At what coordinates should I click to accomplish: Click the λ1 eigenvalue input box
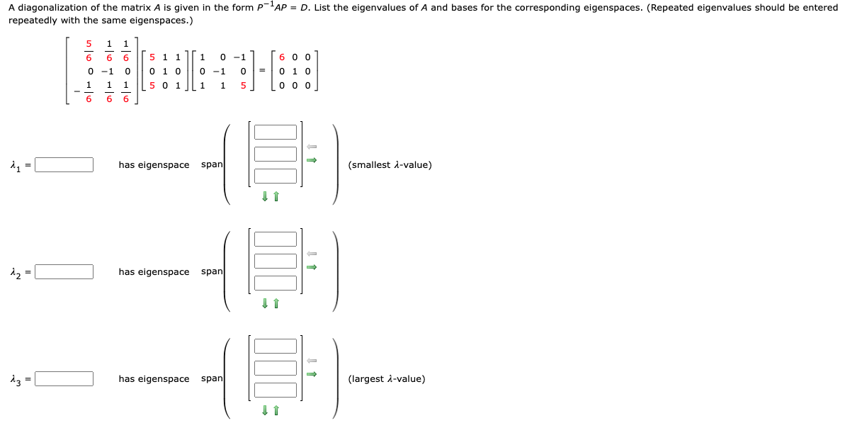pyautogui.click(x=64, y=165)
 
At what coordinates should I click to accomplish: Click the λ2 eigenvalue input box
pyautogui.click(x=64, y=272)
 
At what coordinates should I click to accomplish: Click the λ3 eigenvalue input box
pyautogui.click(x=64, y=379)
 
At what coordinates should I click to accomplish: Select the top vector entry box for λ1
pyautogui.click(x=276, y=133)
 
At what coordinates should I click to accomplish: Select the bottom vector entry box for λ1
pyautogui.click(x=276, y=176)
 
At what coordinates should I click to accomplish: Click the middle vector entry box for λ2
pyautogui.click(x=276, y=261)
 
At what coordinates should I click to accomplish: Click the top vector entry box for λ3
pyautogui.click(x=276, y=347)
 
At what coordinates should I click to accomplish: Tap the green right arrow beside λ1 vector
pyautogui.click(x=311, y=160)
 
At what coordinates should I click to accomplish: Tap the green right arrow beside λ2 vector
pyautogui.click(x=311, y=267)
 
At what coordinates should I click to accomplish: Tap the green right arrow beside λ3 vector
pyautogui.click(x=311, y=374)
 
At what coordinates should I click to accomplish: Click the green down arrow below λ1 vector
pyautogui.click(x=265, y=196)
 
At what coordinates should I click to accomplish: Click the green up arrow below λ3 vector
pyautogui.click(x=276, y=410)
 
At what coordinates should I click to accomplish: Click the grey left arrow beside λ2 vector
pyautogui.click(x=311, y=254)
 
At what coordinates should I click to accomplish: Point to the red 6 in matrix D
pyautogui.click(x=283, y=57)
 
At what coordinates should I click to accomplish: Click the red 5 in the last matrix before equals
pyautogui.click(x=243, y=86)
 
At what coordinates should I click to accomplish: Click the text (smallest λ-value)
pyautogui.click(x=390, y=165)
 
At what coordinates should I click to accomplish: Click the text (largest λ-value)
pyautogui.click(x=387, y=379)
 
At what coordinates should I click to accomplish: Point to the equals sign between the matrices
pyautogui.click(x=261, y=71)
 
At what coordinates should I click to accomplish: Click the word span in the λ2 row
pyautogui.click(x=212, y=272)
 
